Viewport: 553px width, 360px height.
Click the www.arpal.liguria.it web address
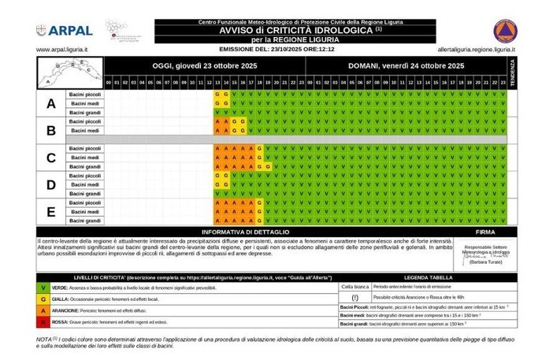(x=62, y=49)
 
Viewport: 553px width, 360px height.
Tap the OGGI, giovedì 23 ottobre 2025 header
(x=205, y=66)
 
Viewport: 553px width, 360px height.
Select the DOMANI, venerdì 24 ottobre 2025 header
(x=406, y=66)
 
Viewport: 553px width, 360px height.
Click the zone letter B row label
(x=51, y=130)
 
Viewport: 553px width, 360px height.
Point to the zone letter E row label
(x=51, y=210)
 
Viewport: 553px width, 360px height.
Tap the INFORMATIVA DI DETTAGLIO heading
(x=245, y=232)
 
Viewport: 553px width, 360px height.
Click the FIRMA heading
(x=486, y=232)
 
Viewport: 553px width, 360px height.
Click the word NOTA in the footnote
(x=44, y=339)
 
